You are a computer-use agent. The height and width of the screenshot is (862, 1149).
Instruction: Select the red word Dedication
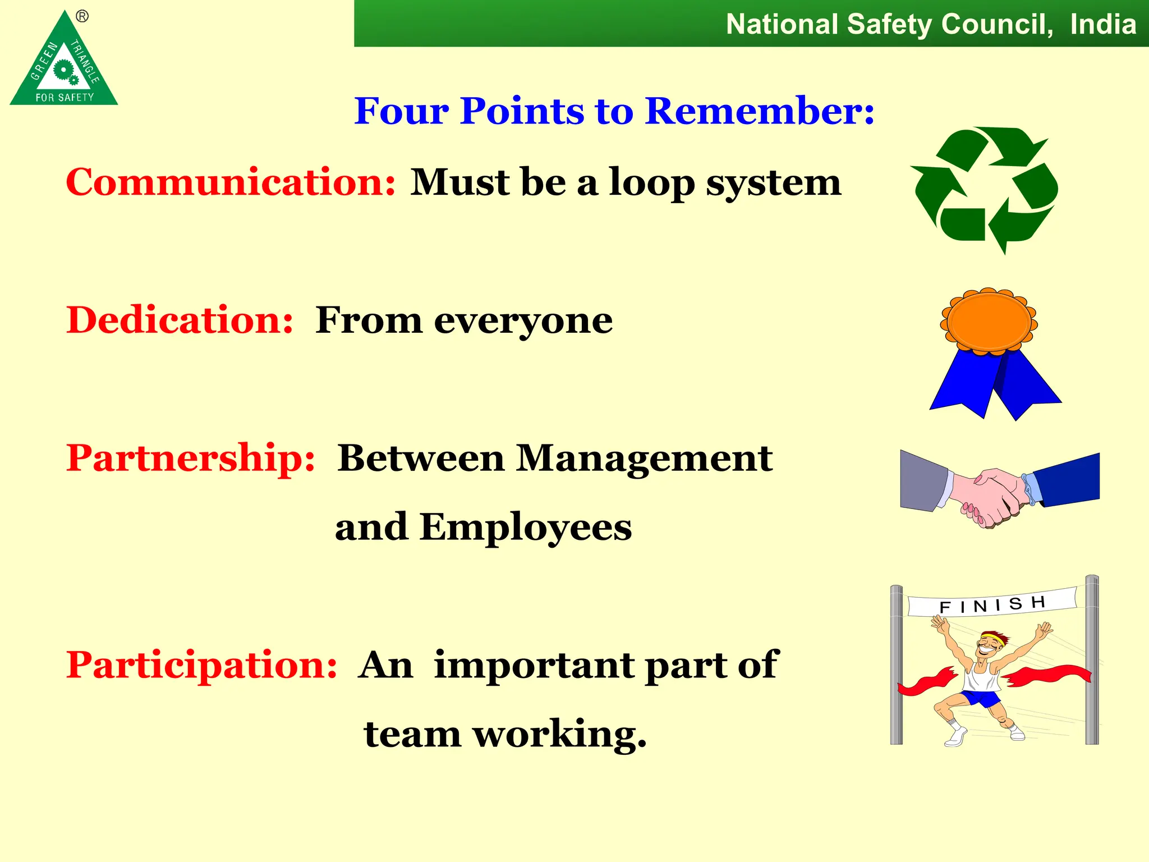[180, 320]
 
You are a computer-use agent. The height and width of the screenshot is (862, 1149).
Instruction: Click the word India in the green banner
[1102, 25]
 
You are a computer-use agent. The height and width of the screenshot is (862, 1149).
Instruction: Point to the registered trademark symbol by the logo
[82, 16]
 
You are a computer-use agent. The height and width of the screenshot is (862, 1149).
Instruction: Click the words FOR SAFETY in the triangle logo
[65, 98]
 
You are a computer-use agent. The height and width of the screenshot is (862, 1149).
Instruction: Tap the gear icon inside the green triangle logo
[65, 71]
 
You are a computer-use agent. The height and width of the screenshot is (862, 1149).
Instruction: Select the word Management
[644, 458]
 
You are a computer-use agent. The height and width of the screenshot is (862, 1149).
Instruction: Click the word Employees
[526, 528]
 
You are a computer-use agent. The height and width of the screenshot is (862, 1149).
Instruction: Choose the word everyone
[523, 321]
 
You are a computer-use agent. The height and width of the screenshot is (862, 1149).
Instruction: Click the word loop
[652, 183]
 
